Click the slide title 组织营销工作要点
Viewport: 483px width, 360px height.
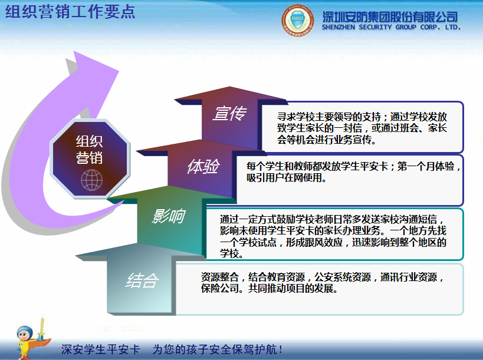pos(70,12)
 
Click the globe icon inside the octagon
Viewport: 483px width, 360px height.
pos(92,180)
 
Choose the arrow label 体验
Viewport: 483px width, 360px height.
pos(202,167)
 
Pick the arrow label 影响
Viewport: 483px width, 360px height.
pos(168,216)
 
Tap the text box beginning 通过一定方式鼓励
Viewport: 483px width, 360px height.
pos(333,235)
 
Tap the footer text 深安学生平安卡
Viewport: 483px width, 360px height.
pos(101,349)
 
